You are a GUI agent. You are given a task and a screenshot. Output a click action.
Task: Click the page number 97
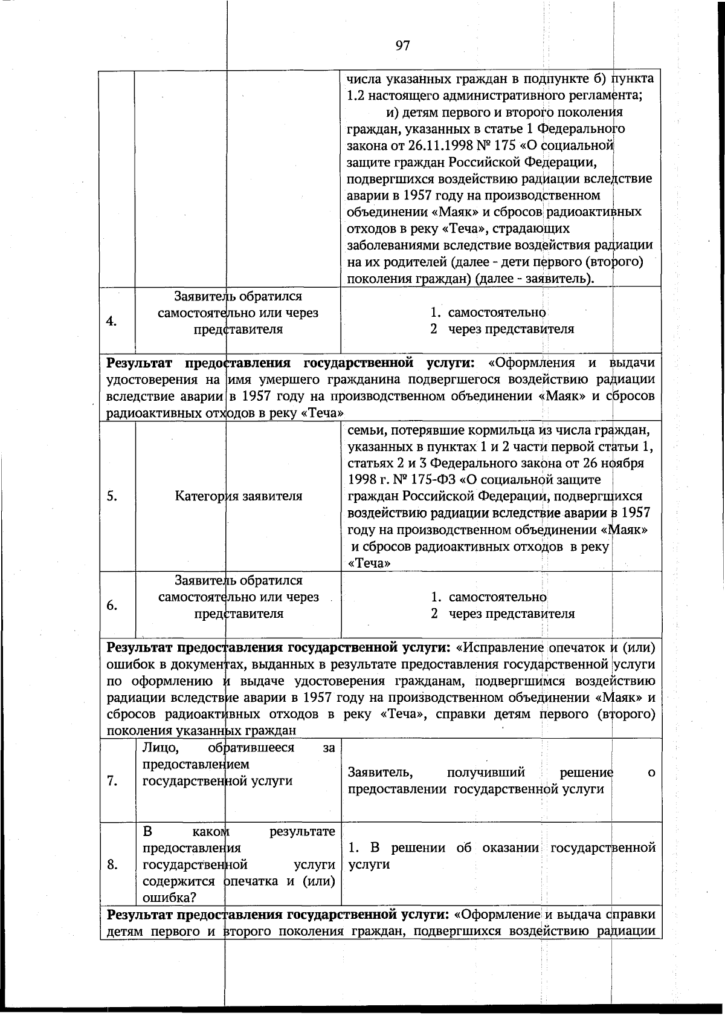[403, 45]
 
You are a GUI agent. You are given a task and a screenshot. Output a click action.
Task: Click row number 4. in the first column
[112, 321]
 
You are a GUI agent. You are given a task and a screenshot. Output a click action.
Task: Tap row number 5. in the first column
[112, 496]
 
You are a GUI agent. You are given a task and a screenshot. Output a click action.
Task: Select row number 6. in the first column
[112, 606]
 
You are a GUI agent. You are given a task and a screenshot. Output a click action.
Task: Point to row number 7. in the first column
[112, 780]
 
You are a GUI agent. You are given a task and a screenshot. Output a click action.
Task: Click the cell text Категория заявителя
[239, 496]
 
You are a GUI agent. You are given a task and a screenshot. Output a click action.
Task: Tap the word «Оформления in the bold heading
[531, 363]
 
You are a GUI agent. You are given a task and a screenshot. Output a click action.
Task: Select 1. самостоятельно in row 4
[488, 313]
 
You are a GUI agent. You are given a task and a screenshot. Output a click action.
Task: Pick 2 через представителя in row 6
[503, 614]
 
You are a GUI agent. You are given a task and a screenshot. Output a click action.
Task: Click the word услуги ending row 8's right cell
[369, 864]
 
